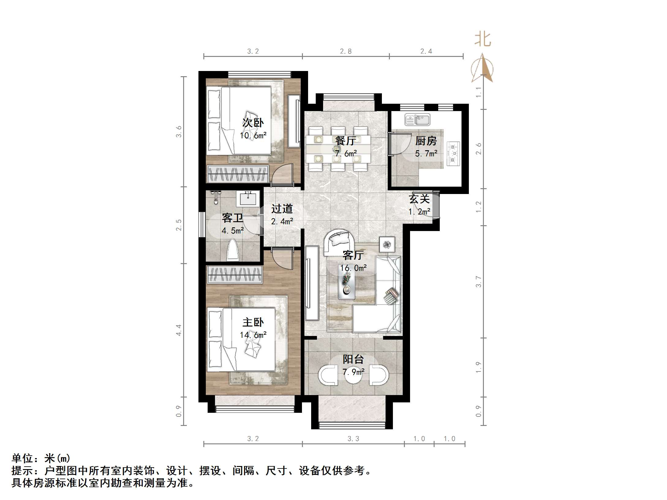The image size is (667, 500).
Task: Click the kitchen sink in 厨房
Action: [x=417, y=119]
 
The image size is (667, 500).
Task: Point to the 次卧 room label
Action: [x=253, y=123]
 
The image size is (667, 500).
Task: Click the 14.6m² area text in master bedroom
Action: [x=253, y=335]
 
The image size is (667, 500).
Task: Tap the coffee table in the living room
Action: [x=347, y=285]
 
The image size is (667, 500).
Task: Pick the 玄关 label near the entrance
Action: [x=419, y=199]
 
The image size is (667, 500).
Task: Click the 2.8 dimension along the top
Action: [x=346, y=51]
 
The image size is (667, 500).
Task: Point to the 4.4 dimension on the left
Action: [x=179, y=330]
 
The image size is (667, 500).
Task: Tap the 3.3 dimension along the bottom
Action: [x=353, y=439]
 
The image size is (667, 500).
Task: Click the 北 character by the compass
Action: [x=483, y=40]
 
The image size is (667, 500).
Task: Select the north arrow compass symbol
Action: [x=482, y=69]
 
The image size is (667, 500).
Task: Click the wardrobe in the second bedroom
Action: [x=238, y=174]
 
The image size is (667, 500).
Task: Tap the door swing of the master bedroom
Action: [x=282, y=259]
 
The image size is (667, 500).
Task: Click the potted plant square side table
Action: [x=387, y=244]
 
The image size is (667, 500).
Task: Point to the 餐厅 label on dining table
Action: [x=345, y=141]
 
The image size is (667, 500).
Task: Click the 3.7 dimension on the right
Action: [x=479, y=282]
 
